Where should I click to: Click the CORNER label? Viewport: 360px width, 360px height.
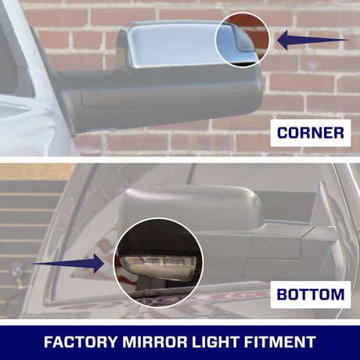(310, 134)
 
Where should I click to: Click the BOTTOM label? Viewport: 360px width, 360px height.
(310, 295)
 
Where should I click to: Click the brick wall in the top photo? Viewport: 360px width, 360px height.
(313, 86)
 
